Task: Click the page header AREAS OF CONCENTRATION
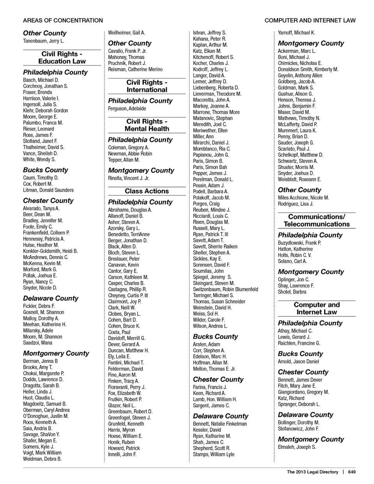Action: pyautogui.click(x=63, y=20)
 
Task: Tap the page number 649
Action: pyautogui.click(x=352, y=472)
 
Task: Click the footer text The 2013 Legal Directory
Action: pyautogui.click(x=312, y=472)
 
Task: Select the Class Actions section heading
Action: pyautogui.click(x=147, y=191)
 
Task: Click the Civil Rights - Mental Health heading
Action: pyautogui.click(x=147, y=125)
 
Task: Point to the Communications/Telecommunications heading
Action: pyautogui.click(x=317, y=220)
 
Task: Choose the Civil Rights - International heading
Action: pyautogui.click(x=147, y=86)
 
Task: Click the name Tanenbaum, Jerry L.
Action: pyautogui.click(x=43, y=41)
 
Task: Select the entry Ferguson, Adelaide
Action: pyautogui.click(x=127, y=108)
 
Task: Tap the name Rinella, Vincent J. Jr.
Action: pyautogui.click(x=129, y=178)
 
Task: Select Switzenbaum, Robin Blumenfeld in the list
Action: pyautogui.click(x=226, y=289)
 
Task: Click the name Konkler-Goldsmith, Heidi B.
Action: pyautogui.click(x=50, y=251)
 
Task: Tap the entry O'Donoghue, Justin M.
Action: pyautogui.click(x=46, y=416)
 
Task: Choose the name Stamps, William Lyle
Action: pyautogui.click(x=213, y=454)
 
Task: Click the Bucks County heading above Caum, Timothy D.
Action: pyautogui.click(x=45, y=170)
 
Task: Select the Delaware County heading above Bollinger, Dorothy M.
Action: pyautogui.click(x=305, y=415)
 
